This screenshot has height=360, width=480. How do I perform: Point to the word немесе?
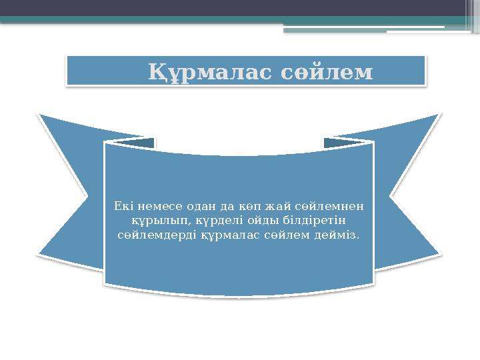tap(158, 205)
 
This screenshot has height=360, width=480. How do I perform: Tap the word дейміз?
tap(336, 235)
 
